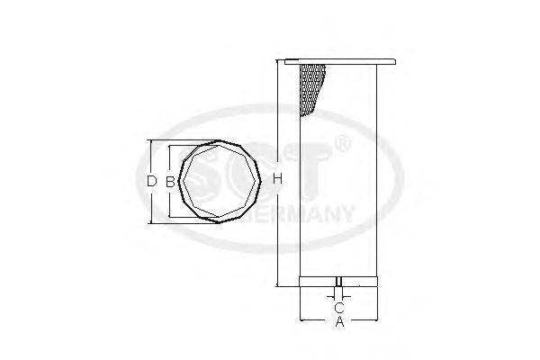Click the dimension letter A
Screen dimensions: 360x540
[x=338, y=321]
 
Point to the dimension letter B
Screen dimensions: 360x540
[x=168, y=181]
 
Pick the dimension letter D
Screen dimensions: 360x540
[x=151, y=181]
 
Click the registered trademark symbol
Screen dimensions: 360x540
[x=341, y=144]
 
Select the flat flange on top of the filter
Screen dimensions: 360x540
[x=338, y=62]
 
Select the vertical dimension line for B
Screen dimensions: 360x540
[x=168, y=202]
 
